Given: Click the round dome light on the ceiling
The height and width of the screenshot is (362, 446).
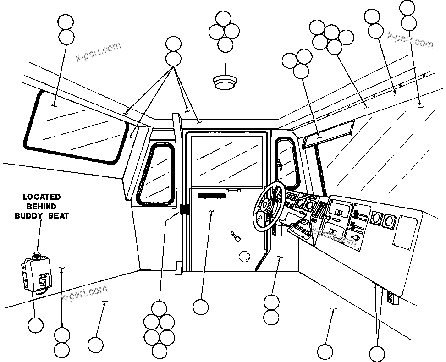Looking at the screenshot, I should pos(226,82).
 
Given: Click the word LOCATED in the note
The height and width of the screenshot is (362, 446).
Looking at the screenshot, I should pos(42,197).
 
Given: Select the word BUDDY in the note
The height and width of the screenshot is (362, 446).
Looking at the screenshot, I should pos(30,215).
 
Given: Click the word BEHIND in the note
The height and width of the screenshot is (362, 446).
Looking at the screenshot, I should pos(42,206).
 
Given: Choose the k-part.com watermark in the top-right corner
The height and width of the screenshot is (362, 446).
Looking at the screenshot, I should pos(410,39).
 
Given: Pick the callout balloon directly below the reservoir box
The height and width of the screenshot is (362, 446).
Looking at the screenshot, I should pos(35,325).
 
